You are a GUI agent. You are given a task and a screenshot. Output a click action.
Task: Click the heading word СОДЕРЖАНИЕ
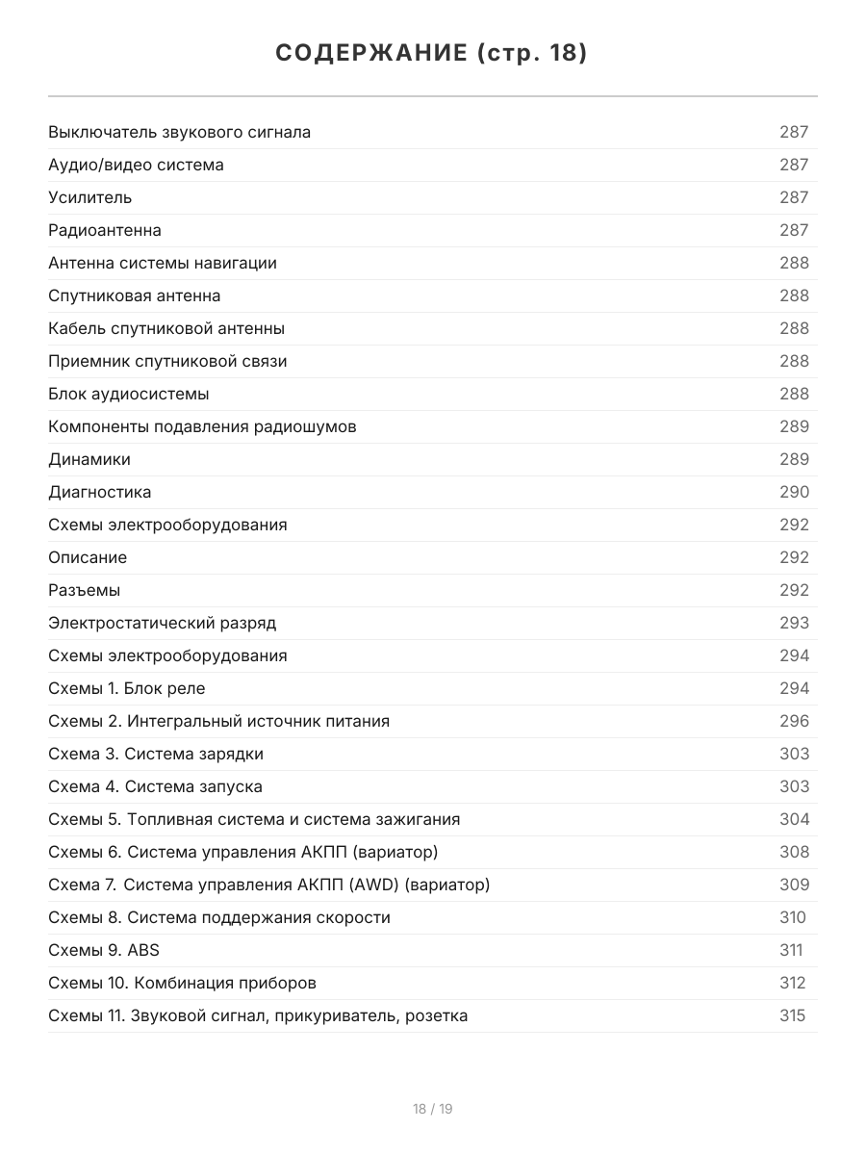[x=370, y=53]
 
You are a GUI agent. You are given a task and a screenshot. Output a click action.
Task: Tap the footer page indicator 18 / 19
[x=433, y=1109]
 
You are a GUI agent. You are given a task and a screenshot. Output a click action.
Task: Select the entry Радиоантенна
[x=105, y=230]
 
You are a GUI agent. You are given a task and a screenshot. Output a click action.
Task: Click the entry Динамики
[x=89, y=459]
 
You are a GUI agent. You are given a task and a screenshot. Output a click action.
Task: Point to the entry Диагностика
[x=100, y=492]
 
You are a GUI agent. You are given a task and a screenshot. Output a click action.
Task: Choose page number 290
[x=794, y=492]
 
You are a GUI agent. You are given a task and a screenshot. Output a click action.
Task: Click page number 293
[x=794, y=623]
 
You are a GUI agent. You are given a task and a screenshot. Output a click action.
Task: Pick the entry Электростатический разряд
[x=162, y=623]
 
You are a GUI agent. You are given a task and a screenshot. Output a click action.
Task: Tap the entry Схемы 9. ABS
[x=104, y=950]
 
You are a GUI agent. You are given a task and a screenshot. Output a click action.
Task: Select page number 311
[x=791, y=950]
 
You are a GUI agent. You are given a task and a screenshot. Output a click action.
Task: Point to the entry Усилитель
[x=90, y=197]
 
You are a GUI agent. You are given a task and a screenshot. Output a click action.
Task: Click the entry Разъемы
[x=85, y=590]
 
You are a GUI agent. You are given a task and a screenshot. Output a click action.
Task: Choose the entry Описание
[x=88, y=557]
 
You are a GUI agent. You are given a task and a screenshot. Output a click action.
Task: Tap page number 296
[x=794, y=721]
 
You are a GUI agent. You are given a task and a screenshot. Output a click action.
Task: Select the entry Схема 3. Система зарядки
[x=156, y=754]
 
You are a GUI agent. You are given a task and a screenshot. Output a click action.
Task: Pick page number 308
[x=794, y=852]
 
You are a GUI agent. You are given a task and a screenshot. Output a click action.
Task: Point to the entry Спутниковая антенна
[x=135, y=295]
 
